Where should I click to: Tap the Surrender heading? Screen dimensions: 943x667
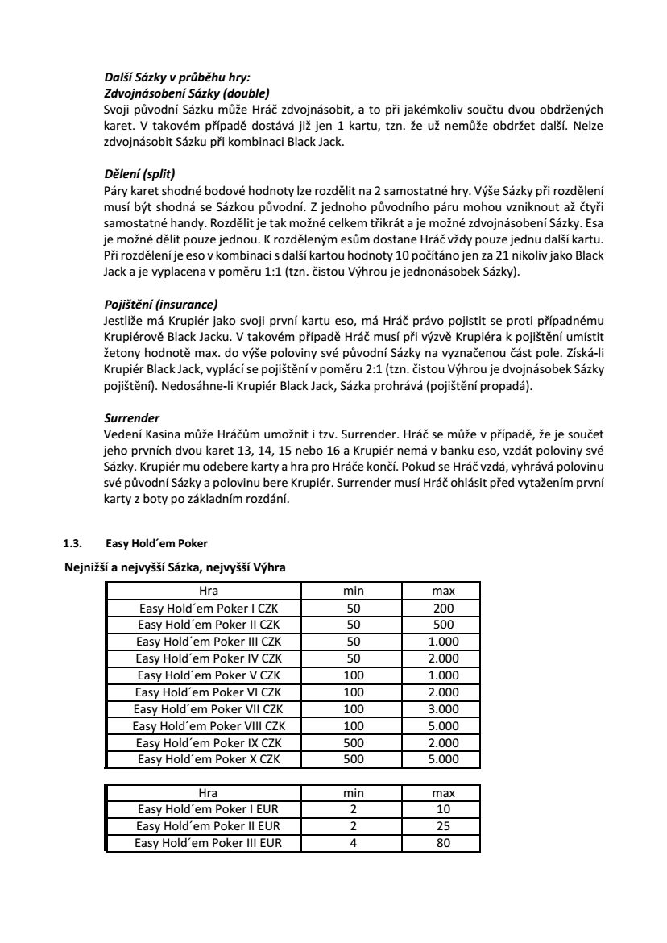[132, 419]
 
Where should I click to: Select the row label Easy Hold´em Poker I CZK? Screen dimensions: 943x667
[209, 609]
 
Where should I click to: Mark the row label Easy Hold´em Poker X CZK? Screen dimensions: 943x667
[209, 759]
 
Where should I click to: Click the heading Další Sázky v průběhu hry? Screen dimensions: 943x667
[177, 77]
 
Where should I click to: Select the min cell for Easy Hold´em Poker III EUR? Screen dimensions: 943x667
[354, 843]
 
